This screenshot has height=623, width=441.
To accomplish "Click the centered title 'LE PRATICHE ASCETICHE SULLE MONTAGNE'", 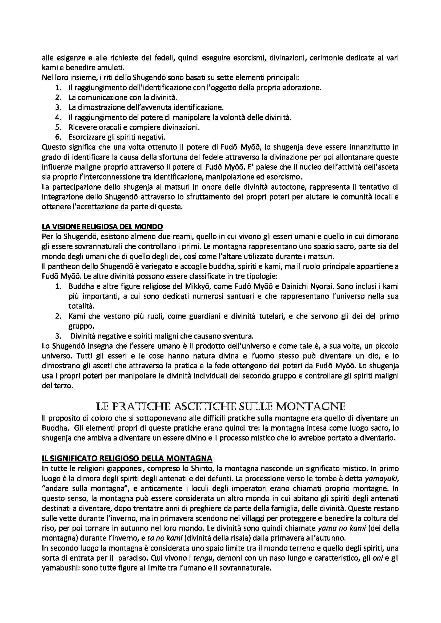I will tap(221, 406).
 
